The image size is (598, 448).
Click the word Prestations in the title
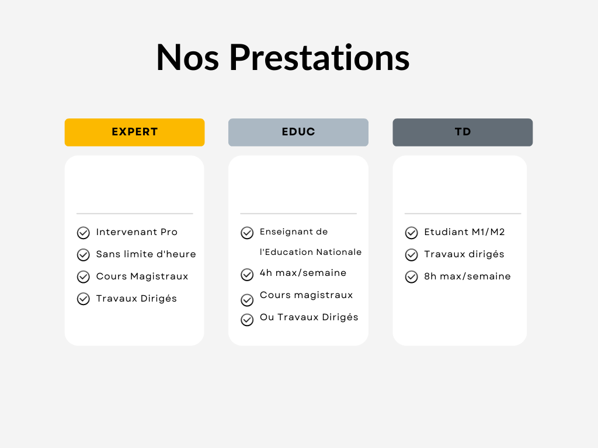tap(319, 58)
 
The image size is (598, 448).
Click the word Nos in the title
tap(187, 58)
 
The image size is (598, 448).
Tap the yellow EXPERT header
tap(135, 132)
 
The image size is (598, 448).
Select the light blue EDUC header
tap(298, 132)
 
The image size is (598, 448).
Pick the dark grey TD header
tap(463, 132)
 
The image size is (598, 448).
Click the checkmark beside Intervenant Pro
tap(83, 232)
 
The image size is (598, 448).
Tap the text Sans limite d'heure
tap(146, 254)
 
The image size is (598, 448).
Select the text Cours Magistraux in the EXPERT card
tap(142, 276)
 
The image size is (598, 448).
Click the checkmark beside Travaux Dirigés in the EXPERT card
tap(83, 299)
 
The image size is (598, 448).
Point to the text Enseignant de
tap(294, 232)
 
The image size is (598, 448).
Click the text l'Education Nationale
tap(311, 252)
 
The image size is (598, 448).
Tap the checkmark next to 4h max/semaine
tap(247, 274)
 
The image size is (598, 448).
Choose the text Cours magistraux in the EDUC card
tap(306, 295)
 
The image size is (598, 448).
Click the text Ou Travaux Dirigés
tap(309, 317)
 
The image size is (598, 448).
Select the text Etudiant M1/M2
tap(464, 232)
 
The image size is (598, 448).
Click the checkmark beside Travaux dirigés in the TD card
tap(412, 254)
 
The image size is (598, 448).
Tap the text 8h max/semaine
tap(467, 276)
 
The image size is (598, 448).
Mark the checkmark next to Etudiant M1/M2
tap(412, 232)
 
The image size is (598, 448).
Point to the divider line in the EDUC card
tap(298, 213)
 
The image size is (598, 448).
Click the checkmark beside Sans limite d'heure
tap(83, 254)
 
